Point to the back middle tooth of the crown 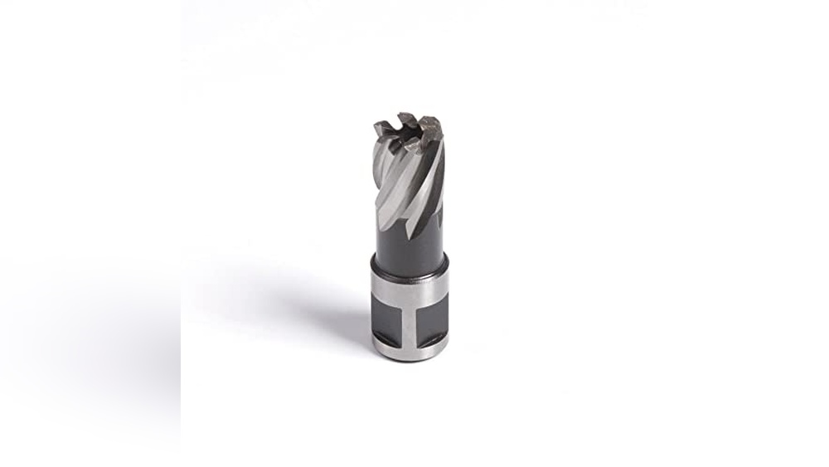coord(407,119)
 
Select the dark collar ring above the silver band coord(409,265)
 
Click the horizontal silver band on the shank coord(409,286)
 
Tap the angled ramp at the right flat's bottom coord(433,339)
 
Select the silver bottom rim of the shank coord(410,353)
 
